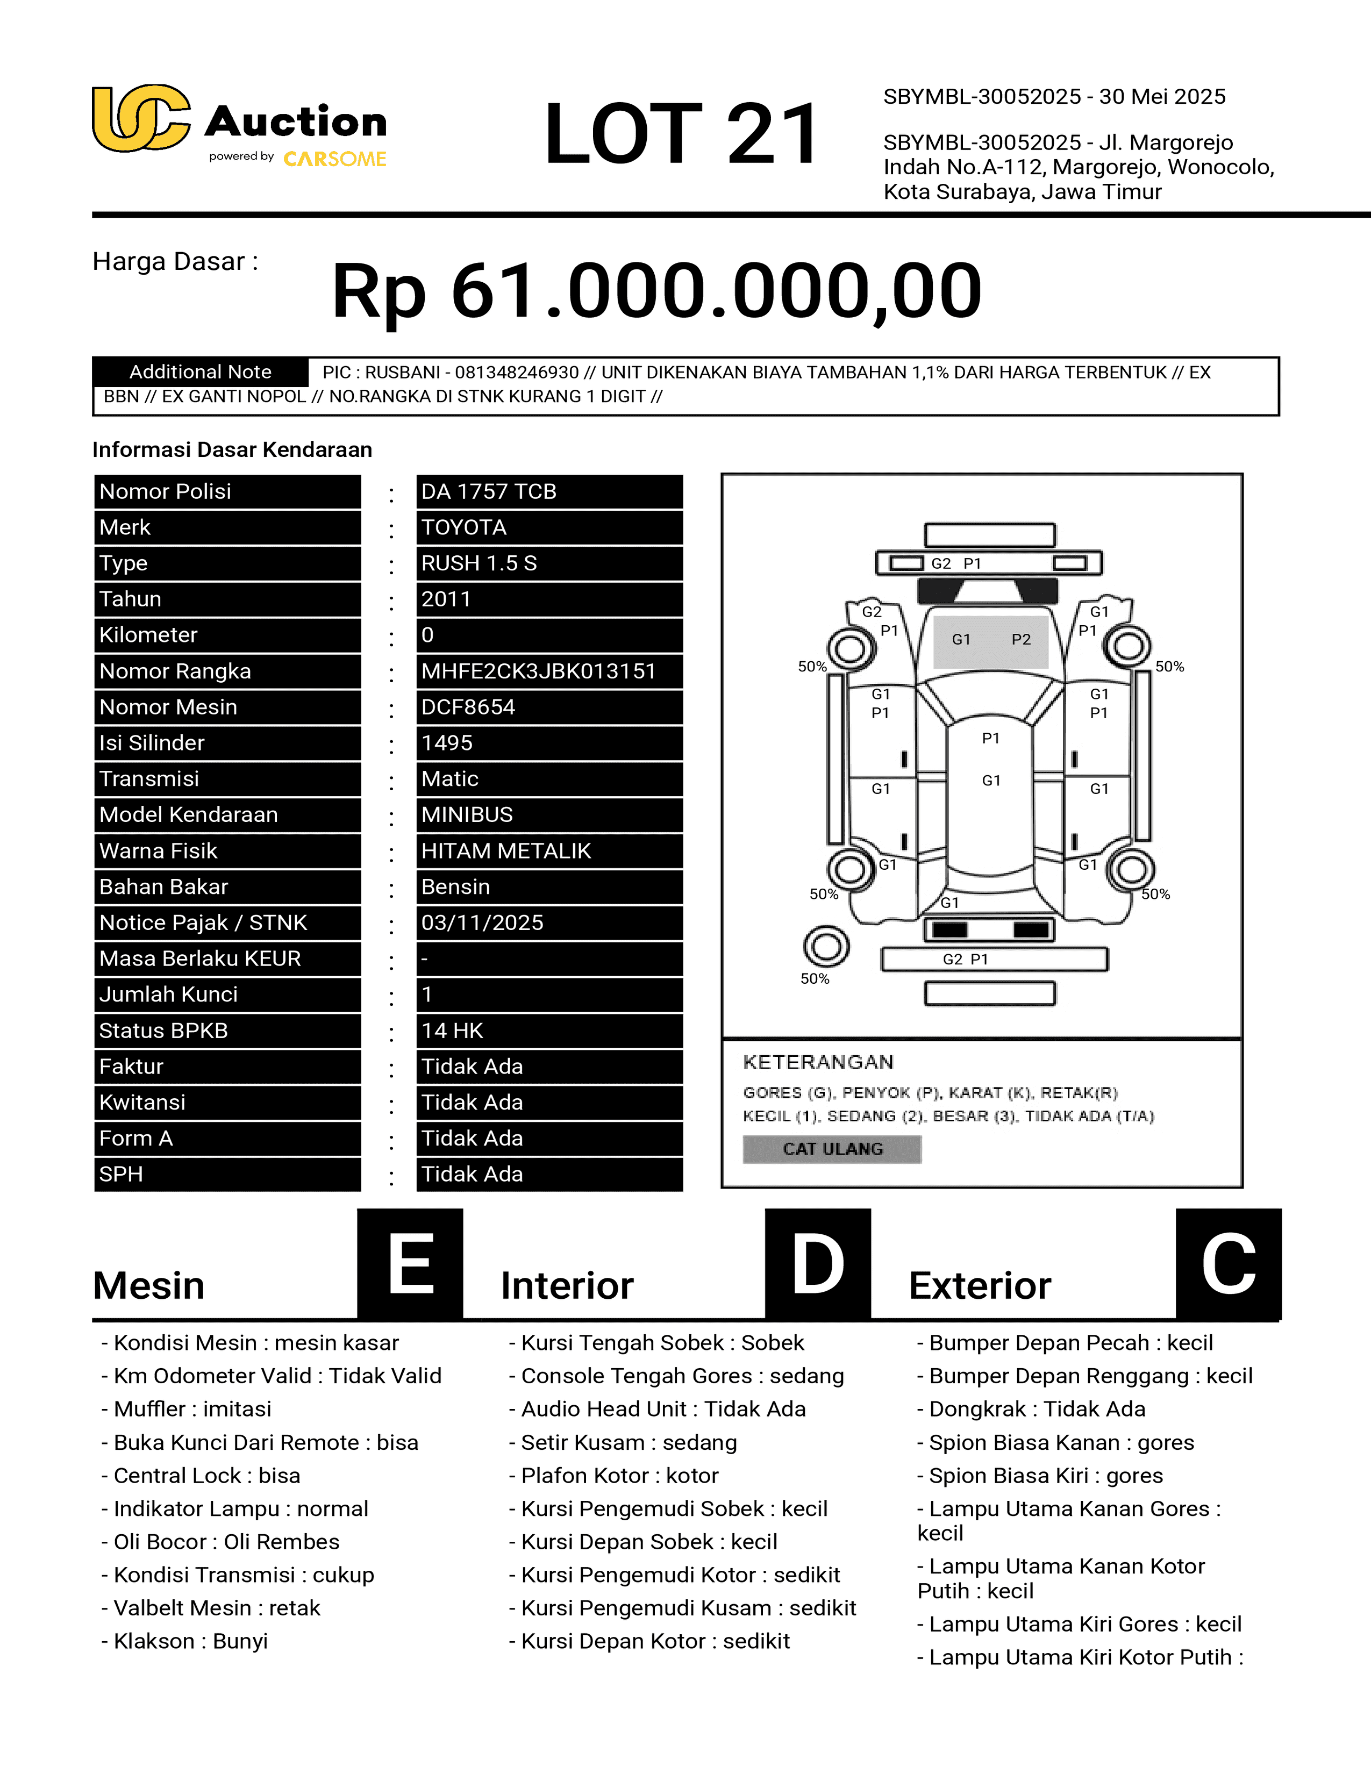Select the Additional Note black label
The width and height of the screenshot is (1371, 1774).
click(x=200, y=372)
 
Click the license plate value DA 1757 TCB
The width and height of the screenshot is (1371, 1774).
click(x=488, y=491)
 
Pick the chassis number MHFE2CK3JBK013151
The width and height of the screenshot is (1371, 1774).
click(x=538, y=671)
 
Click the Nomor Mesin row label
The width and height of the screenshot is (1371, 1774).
click(x=168, y=707)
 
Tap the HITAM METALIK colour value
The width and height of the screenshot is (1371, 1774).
click(x=506, y=850)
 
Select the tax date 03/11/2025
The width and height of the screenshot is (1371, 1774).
click(x=482, y=922)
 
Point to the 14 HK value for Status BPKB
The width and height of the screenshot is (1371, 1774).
click(x=452, y=1031)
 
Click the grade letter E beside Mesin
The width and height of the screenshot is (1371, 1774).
click(x=410, y=1263)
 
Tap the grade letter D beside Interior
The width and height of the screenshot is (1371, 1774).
click(x=818, y=1263)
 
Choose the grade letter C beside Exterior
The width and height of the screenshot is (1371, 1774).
click(x=1228, y=1263)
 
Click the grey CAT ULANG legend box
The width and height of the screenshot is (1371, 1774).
click(x=832, y=1149)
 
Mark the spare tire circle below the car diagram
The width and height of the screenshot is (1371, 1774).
click(x=826, y=946)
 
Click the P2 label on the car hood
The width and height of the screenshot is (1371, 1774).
click(x=1021, y=639)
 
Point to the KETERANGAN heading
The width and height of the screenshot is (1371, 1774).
click(x=818, y=1062)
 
